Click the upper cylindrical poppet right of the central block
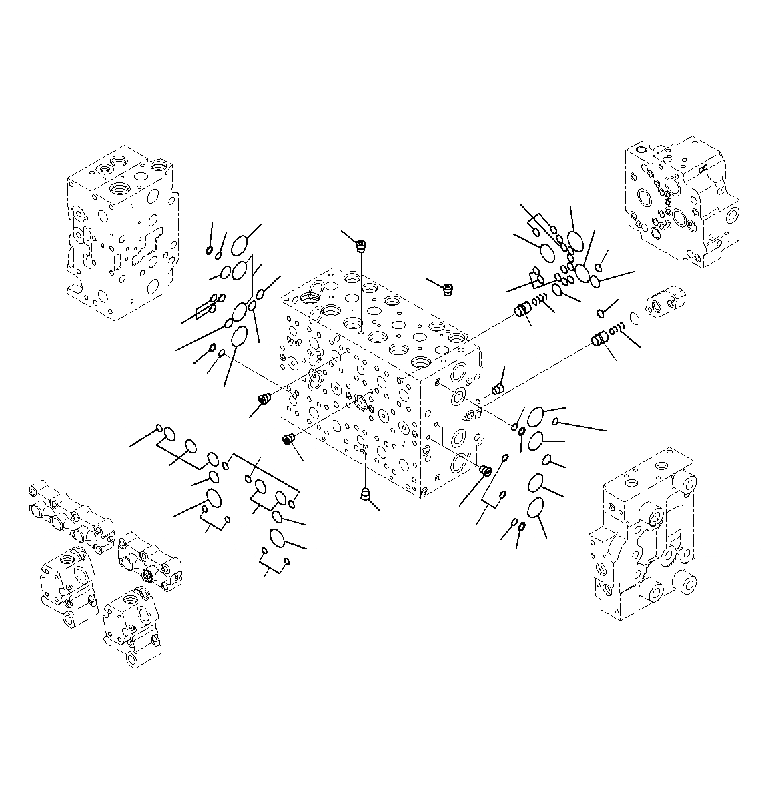click(522, 310)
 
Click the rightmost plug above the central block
click(448, 290)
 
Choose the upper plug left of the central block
click(263, 400)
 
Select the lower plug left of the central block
click(289, 439)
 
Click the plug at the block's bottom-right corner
click(486, 471)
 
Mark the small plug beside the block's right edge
click(496, 390)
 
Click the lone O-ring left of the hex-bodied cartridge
click(635, 320)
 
